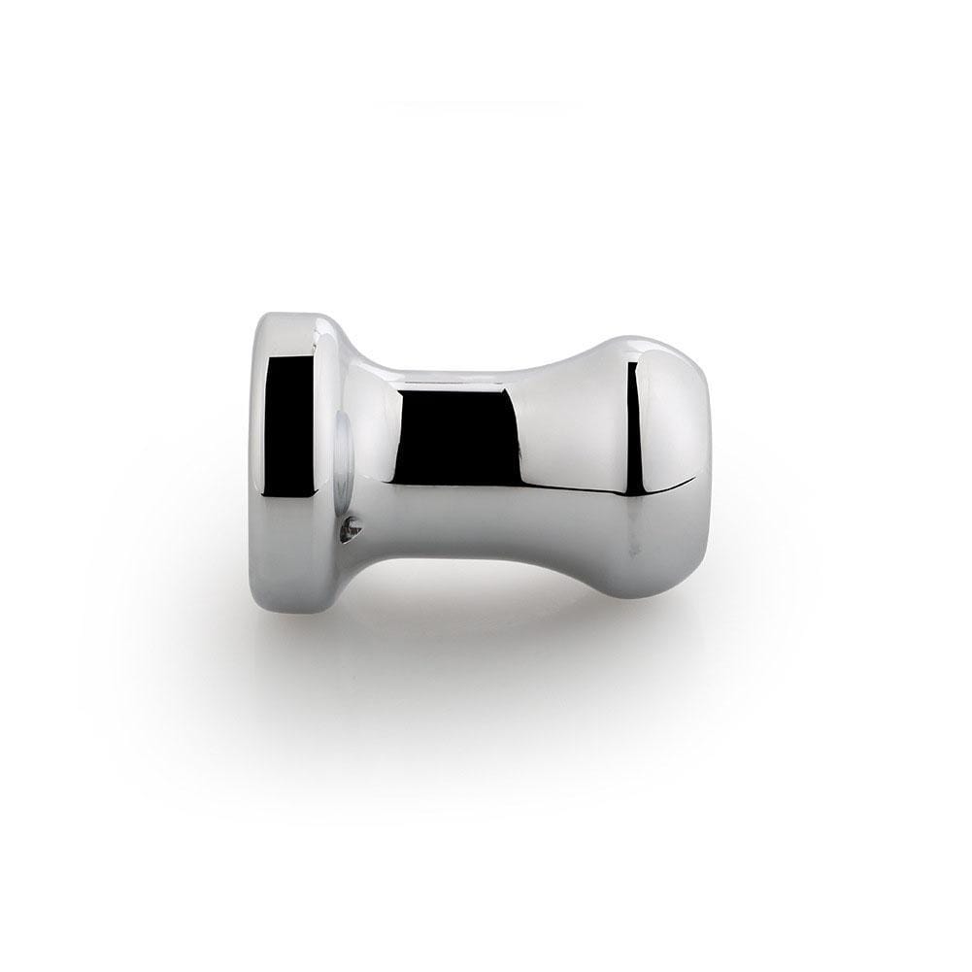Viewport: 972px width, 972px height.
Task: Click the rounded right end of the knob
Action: coord(714,466)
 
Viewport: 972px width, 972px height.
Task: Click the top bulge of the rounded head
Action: coord(631,340)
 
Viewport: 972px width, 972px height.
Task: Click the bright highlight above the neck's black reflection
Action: coord(456,374)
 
